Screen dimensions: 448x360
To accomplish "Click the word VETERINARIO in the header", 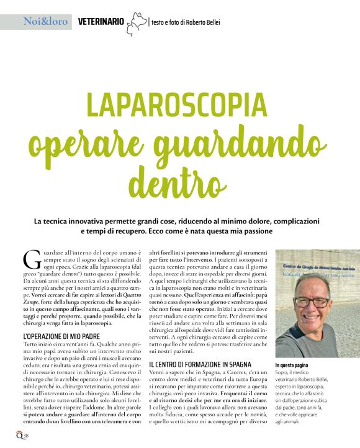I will pos(101,22).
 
